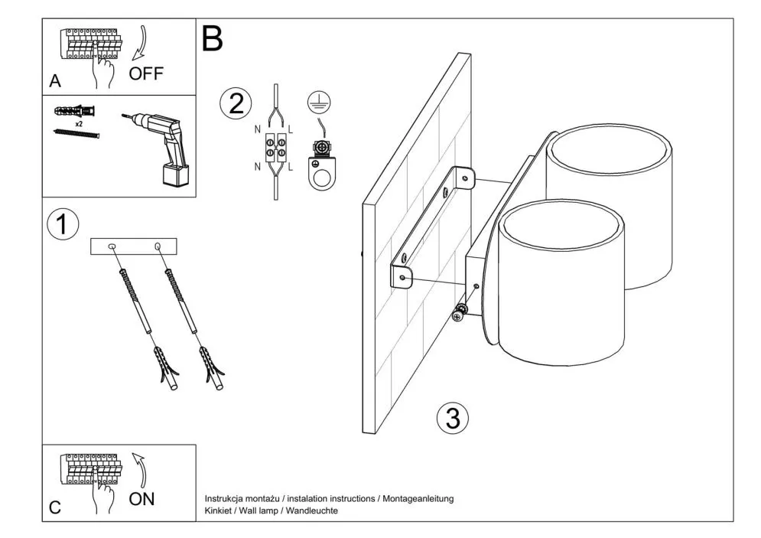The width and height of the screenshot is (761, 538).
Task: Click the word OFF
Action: point(146,74)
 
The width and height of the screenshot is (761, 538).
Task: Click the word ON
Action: point(141,499)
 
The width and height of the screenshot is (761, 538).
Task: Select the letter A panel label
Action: point(55,82)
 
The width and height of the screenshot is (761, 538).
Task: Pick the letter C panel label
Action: point(55,507)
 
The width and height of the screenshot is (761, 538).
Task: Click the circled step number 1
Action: point(63,225)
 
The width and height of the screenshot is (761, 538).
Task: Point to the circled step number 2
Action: point(235,104)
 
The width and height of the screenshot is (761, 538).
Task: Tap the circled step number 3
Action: point(452,418)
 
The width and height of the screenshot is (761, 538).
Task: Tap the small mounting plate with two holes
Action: point(134,246)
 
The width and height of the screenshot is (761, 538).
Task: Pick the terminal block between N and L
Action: point(275,147)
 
